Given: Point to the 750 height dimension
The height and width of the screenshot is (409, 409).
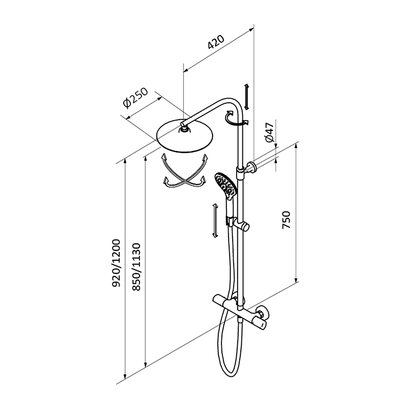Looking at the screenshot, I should [x=287, y=220].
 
